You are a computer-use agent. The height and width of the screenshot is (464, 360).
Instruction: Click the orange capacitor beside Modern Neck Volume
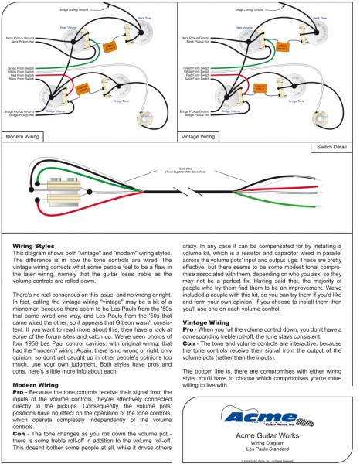pos(110,47)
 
